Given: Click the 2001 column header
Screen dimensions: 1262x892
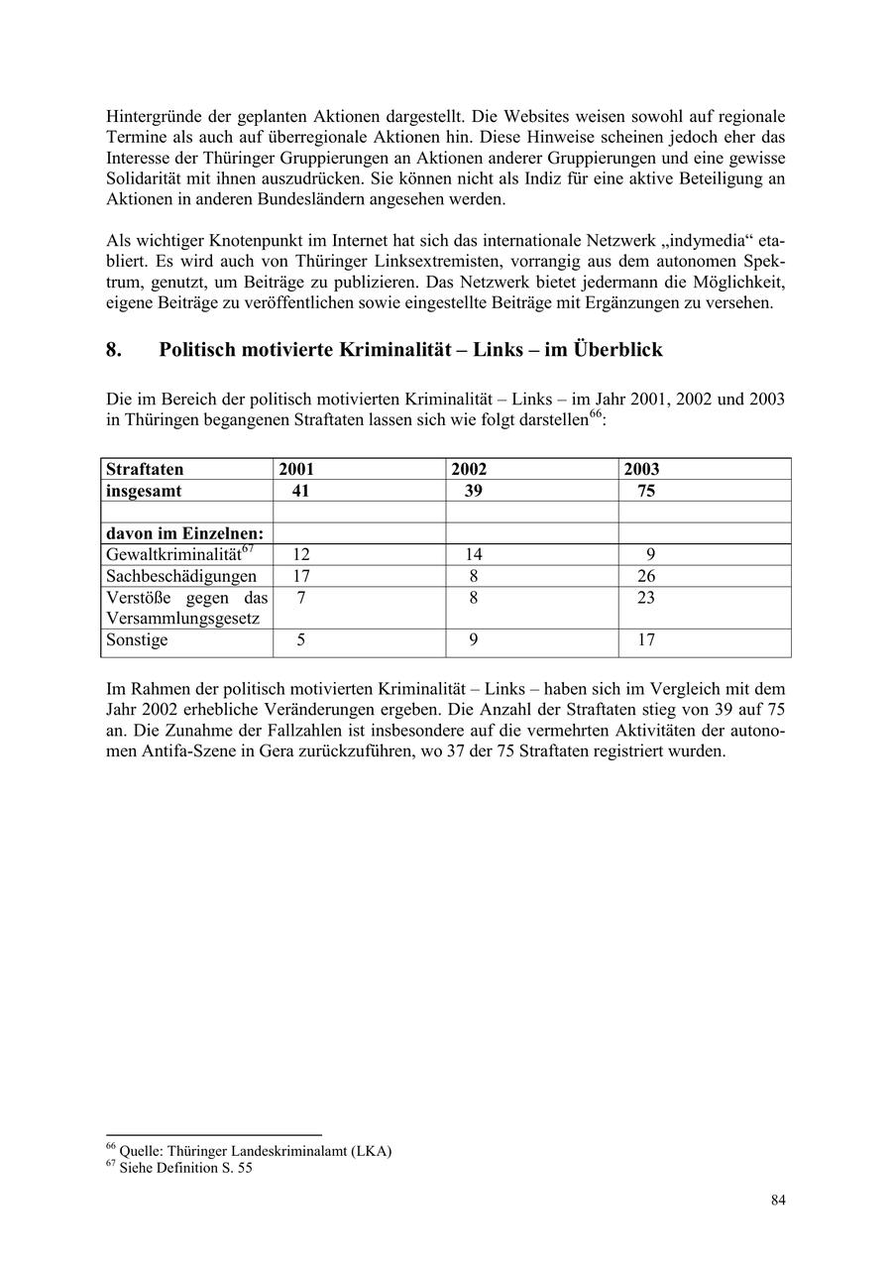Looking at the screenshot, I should click(x=296, y=469).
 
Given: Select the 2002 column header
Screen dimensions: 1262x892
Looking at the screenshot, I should click(x=469, y=469).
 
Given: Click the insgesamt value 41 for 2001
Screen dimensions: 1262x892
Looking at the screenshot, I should click(x=301, y=491).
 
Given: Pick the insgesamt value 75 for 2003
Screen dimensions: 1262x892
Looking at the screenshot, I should click(x=646, y=491).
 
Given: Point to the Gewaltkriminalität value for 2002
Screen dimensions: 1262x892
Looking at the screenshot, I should click(x=474, y=555).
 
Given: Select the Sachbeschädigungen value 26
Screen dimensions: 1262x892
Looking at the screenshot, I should click(x=647, y=576).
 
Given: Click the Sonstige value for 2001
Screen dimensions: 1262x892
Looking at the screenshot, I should click(x=301, y=640).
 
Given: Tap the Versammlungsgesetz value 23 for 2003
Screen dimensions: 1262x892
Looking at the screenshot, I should click(x=647, y=598).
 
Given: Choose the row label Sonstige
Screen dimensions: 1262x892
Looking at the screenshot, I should click(x=137, y=640).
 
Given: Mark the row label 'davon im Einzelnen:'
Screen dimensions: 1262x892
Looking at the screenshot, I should click(x=184, y=533).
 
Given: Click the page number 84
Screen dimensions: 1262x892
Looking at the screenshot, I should click(x=778, y=1201).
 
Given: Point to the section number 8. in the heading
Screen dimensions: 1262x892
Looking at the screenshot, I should click(x=114, y=350).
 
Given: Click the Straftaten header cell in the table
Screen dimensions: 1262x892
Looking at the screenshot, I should click(x=145, y=469).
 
